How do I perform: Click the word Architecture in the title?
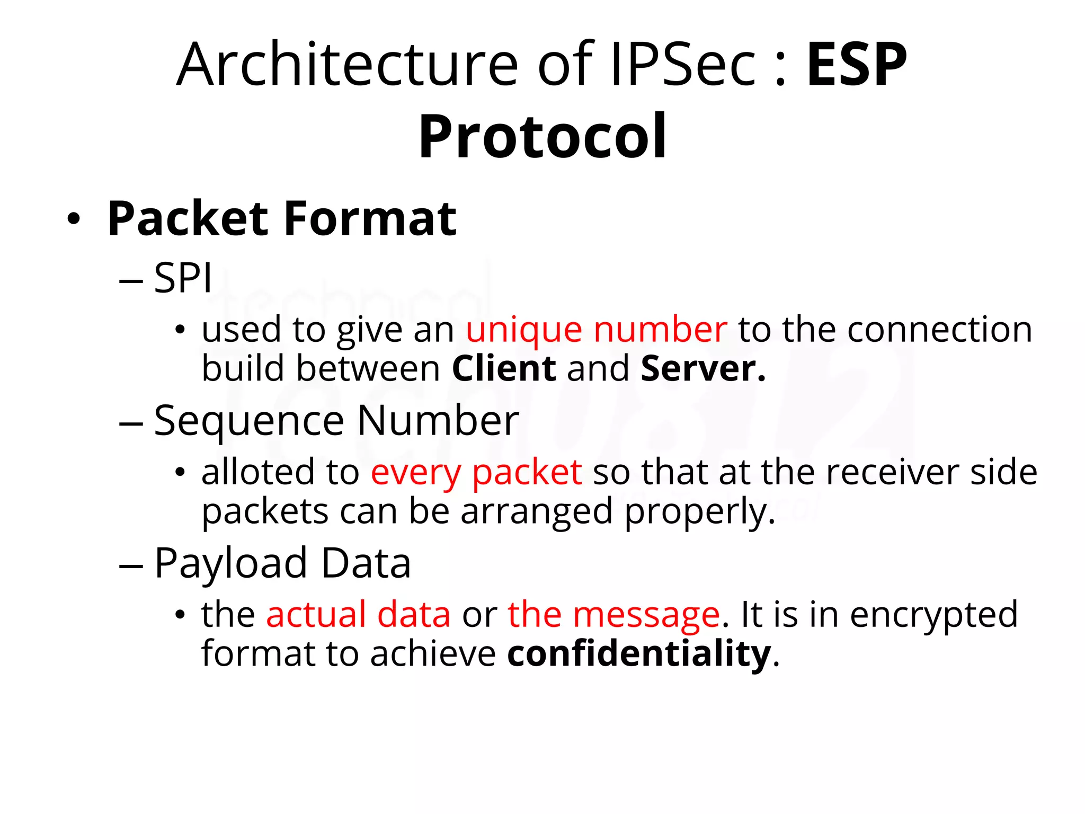coord(346,65)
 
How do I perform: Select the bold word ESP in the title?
coord(856,65)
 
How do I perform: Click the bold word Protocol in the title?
coord(542,136)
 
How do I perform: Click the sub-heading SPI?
coord(183,278)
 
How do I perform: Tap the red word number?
coord(660,330)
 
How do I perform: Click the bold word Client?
coord(504,368)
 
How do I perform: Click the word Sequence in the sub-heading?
coord(249,421)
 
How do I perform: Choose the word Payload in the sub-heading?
coord(230,563)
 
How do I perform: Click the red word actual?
coord(316,615)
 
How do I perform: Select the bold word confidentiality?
coord(639,654)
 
